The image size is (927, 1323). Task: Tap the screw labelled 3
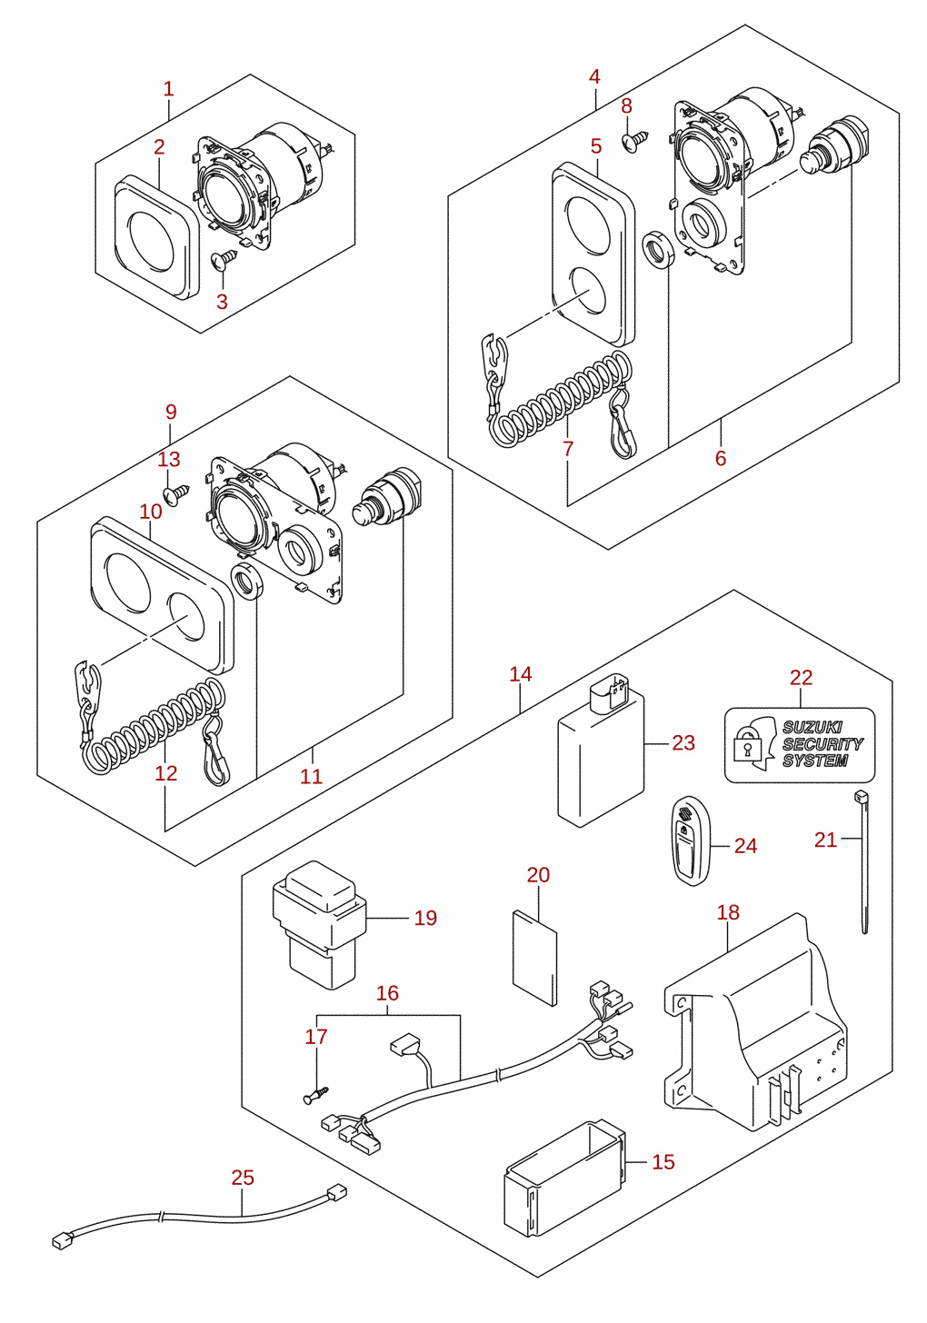point(224,258)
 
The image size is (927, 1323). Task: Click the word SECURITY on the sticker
point(822,744)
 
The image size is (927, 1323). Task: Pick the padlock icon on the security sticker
point(746,747)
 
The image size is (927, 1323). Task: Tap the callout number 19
point(425,918)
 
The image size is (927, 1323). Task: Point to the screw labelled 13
point(175,493)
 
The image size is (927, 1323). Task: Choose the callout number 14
point(521,674)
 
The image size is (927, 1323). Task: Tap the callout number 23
point(683,743)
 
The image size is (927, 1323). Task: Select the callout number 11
point(312,776)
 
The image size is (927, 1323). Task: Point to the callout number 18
point(728,912)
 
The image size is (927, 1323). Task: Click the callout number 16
point(387,993)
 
